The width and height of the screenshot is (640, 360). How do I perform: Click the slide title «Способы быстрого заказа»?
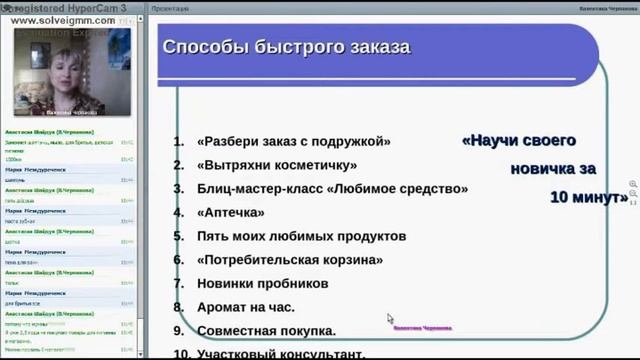[286, 48]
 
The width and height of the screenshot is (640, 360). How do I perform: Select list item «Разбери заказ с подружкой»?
[294, 142]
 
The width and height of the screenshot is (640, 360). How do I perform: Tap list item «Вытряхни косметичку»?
[277, 165]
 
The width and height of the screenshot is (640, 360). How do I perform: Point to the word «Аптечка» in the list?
[231, 212]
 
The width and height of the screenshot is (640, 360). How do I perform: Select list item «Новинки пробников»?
[263, 284]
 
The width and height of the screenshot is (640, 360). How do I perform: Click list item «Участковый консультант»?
[281, 352]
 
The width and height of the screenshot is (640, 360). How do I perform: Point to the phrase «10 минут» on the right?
[588, 197]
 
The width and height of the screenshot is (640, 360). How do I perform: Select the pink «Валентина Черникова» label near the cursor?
[426, 326]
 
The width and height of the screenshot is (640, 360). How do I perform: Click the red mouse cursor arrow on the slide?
[390, 319]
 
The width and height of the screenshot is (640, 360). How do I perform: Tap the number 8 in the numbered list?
[178, 307]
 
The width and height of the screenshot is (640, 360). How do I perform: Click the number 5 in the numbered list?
[178, 236]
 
